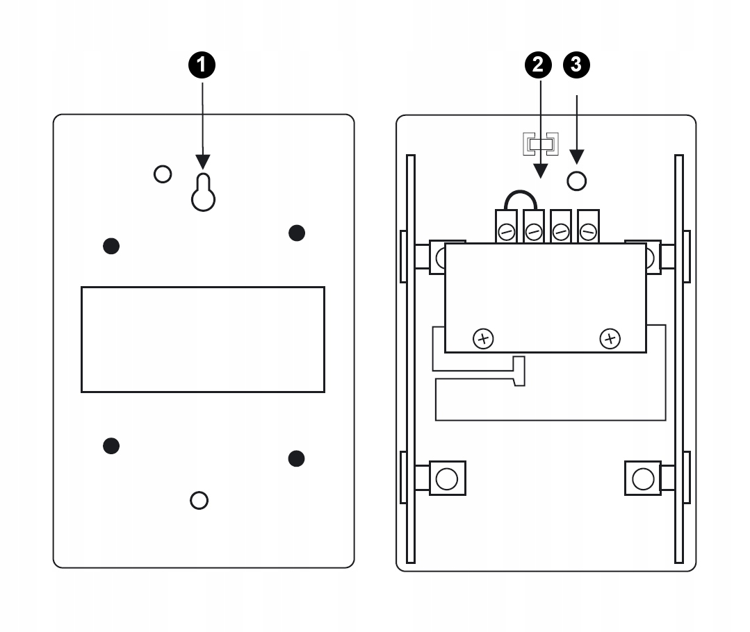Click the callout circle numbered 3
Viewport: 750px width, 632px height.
point(577,66)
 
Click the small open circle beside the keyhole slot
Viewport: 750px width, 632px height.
point(163,174)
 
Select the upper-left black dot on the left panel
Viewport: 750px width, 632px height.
point(111,244)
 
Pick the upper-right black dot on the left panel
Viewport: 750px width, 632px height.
point(297,233)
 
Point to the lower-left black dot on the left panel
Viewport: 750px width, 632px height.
point(111,445)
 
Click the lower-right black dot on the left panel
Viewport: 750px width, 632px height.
point(297,457)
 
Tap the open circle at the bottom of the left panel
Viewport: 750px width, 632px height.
point(199,500)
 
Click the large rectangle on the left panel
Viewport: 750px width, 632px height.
point(202,338)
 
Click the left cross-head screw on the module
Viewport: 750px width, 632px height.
point(482,339)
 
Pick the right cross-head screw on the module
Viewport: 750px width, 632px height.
point(610,339)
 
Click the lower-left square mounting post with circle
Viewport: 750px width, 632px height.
point(446,478)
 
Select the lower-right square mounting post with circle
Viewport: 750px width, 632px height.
point(643,478)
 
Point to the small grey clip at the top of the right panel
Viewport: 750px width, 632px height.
point(540,144)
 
